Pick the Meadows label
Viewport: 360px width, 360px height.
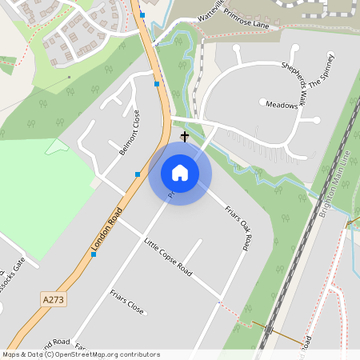[x=281, y=105]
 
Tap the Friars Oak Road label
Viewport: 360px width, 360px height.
[x=238, y=227]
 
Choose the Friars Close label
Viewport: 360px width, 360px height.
[x=127, y=302]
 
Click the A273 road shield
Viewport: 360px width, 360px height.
[x=51, y=299]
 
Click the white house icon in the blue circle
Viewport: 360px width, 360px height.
[x=180, y=173]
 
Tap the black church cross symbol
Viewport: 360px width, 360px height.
[x=185, y=137]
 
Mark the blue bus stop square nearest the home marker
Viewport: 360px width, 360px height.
[x=138, y=174]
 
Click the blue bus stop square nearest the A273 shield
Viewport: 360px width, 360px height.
[x=93, y=254]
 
